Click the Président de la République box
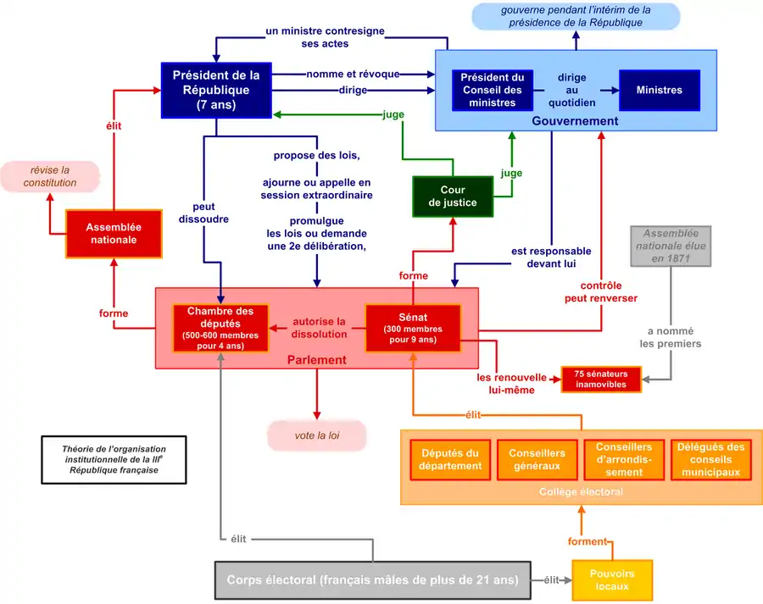(216, 90)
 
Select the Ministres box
(659, 90)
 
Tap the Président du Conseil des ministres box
(493, 90)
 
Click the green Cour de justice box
(452, 197)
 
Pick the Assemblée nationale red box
(114, 234)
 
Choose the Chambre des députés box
(220, 328)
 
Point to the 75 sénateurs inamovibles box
(600, 379)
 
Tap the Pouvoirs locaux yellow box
(612, 580)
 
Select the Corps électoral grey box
(372, 580)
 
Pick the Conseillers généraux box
(537, 459)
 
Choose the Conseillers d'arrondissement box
(624, 459)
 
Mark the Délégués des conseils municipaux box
(711, 459)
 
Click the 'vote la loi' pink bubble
(317, 435)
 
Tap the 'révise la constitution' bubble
(49, 176)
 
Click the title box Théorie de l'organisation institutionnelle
(114, 459)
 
